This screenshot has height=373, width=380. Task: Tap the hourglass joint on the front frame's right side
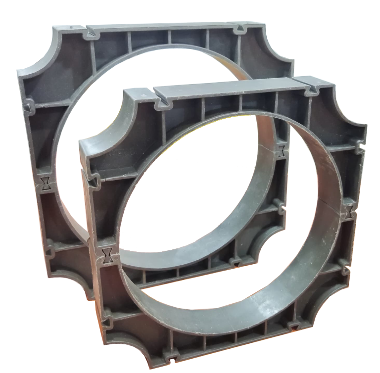[x=350, y=212]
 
